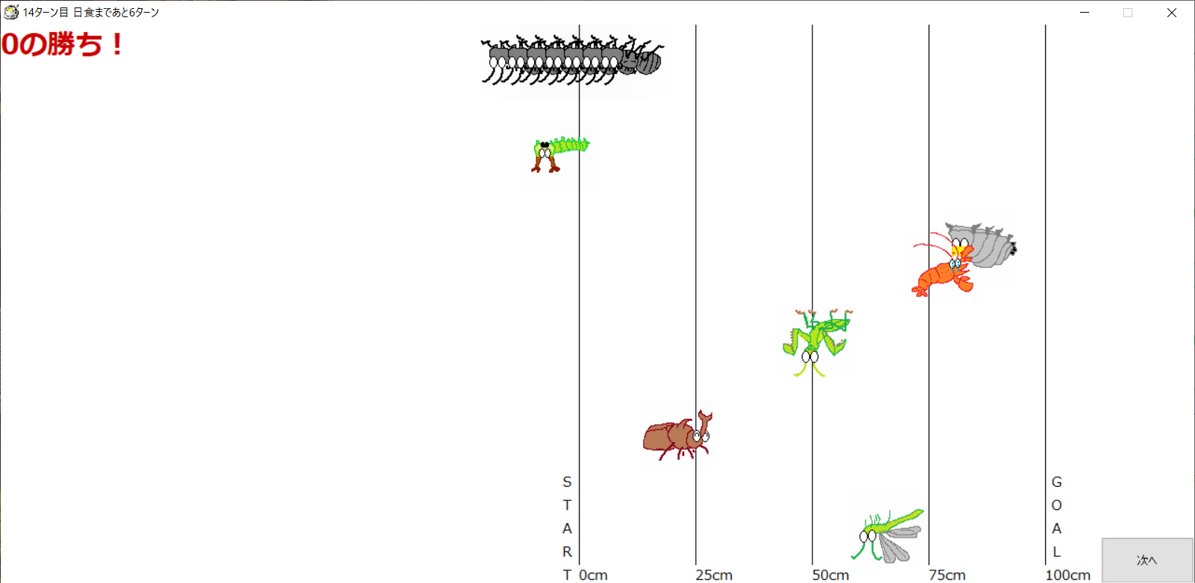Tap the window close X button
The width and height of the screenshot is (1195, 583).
coord(1172,13)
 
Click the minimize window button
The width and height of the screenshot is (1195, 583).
coord(1085,13)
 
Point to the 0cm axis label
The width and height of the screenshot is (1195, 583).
coord(593,575)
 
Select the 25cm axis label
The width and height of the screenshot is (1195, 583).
coord(714,575)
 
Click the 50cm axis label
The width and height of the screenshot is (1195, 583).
coord(830,575)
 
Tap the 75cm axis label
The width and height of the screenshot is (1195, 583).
coord(947,575)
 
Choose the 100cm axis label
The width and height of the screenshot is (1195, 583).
coord(1067,575)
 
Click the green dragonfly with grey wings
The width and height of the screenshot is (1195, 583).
coord(888,535)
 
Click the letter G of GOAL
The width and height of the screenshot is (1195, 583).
coord(1056,482)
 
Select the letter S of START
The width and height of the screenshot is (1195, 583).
coord(567,482)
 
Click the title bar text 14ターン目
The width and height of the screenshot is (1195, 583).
coord(46,13)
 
